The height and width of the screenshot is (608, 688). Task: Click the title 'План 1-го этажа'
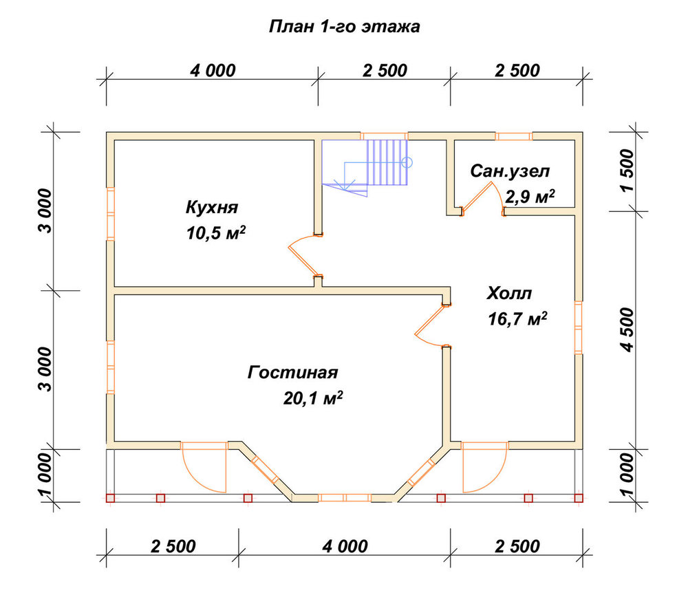(x=344, y=27)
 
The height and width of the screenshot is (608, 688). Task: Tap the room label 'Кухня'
(x=212, y=207)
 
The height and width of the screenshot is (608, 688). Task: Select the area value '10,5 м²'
(x=215, y=232)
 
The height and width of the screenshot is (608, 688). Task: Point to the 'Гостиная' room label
(x=292, y=372)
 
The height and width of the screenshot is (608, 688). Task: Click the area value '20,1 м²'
(x=313, y=398)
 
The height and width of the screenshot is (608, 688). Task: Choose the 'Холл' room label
(x=509, y=293)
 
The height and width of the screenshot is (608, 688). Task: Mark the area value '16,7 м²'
(x=517, y=319)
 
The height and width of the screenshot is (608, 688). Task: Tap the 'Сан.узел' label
(x=510, y=171)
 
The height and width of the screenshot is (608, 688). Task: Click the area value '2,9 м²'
(x=530, y=197)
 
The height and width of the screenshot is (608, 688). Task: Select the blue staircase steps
(x=387, y=162)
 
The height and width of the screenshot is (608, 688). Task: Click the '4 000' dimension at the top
(x=213, y=70)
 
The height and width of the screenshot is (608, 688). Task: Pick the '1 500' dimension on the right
(x=627, y=170)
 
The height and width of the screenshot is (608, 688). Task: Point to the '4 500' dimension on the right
(x=627, y=330)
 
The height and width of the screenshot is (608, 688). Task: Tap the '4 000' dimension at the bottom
(x=345, y=547)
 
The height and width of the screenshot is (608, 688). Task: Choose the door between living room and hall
(x=429, y=325)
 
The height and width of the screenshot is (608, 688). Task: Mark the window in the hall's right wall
(x=579, y=327)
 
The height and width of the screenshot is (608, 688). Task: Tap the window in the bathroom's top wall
(x=514, y=136)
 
